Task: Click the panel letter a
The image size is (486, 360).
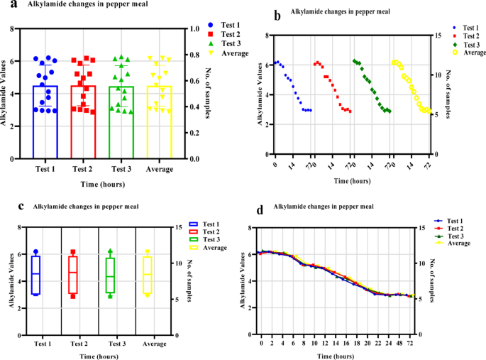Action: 5,4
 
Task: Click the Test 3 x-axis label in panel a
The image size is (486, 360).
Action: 121,170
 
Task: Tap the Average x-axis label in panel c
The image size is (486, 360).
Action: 147,343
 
